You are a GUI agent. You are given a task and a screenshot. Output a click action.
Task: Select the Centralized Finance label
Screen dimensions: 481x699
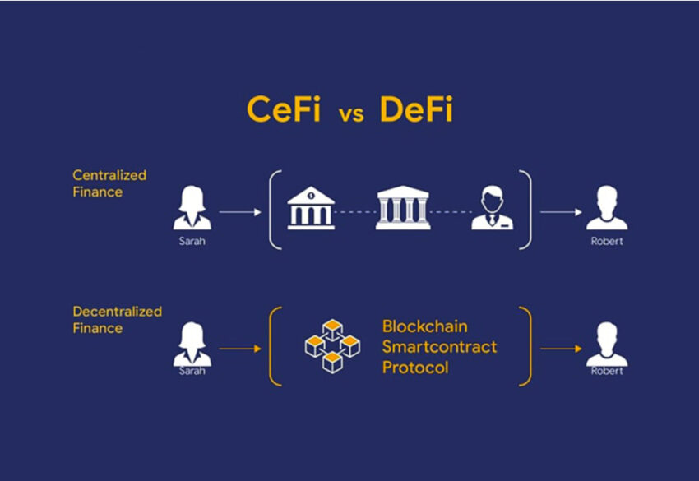pos(109,183)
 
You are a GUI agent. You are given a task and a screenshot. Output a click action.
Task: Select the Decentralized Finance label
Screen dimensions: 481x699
pos(117,320)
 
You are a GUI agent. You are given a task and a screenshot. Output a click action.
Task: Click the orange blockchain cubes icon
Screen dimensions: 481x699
pos(332,346)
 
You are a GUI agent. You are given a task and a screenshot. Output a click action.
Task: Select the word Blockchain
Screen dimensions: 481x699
pos(425,326)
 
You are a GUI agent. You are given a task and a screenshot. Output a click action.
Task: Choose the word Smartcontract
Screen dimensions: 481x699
pos(439,346)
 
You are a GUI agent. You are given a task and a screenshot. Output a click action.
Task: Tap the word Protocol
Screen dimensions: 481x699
pos(415,368)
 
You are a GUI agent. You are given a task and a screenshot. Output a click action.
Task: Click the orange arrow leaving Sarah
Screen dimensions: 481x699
pos(240,349)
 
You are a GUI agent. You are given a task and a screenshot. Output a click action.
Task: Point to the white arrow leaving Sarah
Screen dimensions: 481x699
pos(240,211)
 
